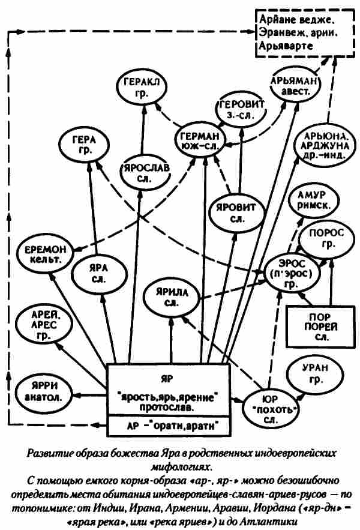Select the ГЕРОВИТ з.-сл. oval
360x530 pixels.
239,107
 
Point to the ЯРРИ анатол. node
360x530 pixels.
44,390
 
